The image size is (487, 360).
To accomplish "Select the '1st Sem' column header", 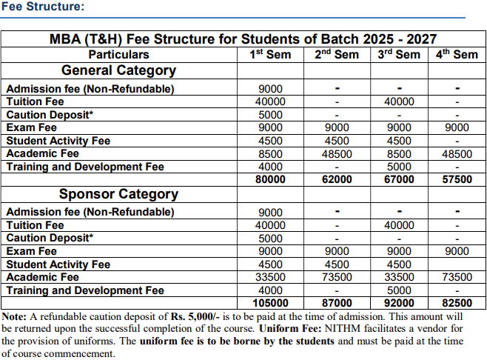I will [x=270, y=54].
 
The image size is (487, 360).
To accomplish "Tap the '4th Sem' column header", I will [x=456, y=54].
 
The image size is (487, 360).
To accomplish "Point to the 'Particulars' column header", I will [x=118, y=54].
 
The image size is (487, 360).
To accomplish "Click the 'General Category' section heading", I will [x=118, y=71].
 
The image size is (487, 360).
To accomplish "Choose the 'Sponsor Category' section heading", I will [x=118, y=194].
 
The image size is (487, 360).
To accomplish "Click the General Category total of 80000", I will [x=270, y=179].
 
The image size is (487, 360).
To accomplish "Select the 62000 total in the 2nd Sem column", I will [x=337, y=179].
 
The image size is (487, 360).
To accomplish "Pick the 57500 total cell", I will [x=456, y=179].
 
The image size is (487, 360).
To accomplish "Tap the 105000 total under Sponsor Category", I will [x=270, y=303].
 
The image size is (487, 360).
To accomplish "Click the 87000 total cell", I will [x=337, y=303].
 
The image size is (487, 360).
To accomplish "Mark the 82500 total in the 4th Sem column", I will [x=456, y=303].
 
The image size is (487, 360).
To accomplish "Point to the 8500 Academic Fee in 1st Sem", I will [x=270, y=154].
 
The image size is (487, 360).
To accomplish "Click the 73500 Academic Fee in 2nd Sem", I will [x=337, y=277].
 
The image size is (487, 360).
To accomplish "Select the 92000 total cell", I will [x=399, y=303].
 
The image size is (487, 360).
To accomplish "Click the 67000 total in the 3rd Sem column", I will [x=399, y=179].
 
